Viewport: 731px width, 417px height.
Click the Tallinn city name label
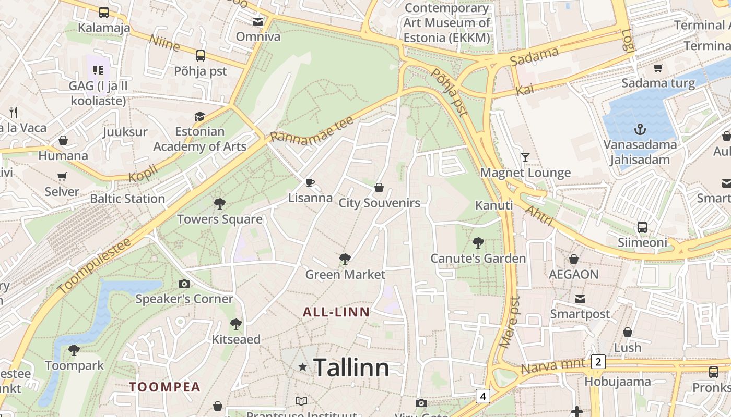tap(351, 368)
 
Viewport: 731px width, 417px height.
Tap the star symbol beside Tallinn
tap(302, 367)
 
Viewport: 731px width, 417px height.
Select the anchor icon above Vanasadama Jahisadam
tap(640, 129)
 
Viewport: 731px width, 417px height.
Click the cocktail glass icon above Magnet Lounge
tap(525, 157)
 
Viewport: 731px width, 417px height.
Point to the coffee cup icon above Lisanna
tap(310, 182)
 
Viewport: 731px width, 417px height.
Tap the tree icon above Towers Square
tap(219, 203)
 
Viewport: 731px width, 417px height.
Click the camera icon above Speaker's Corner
tap(184, 284)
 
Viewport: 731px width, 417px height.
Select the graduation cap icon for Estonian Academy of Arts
tap(199, 116)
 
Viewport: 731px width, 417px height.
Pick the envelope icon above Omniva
tap(258, 21)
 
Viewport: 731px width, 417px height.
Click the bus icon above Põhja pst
tap(201, 56)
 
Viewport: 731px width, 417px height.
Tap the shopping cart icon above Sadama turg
tap(658, 68)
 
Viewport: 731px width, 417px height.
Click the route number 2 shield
tap(598, 362)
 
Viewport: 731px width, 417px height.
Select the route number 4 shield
tap(483, 396)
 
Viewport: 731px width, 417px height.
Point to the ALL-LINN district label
tap(336, 312)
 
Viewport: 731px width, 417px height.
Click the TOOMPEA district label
tap(165, 387)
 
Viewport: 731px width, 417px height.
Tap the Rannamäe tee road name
tap(312, 130)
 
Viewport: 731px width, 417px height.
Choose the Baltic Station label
tap(127, 199)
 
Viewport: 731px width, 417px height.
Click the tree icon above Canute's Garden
tap(477, 242)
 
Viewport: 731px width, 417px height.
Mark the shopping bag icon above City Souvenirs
tap(379, 187)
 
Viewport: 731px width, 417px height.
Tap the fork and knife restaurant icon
tap(14, 112)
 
